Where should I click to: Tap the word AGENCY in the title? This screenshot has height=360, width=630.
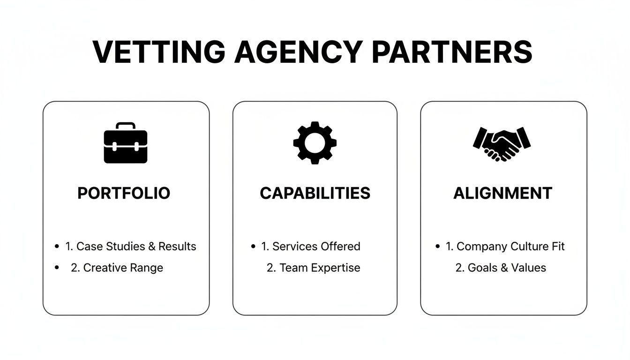[x=298, y=52]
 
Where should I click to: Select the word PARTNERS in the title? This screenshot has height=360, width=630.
[x=452, y=52]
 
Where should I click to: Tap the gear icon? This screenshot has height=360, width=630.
[x=315, y=142]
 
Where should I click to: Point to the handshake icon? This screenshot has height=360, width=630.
[x=502, y=143]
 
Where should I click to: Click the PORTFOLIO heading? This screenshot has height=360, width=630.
[x=124, y=193]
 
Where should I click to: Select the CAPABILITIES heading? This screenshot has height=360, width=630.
[x=315, y=193]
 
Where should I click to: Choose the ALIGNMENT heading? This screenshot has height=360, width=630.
[x=503, y=193]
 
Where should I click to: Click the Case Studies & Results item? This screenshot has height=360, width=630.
[x=131, y=247]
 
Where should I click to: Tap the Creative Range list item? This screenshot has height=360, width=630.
[x=117, y=268]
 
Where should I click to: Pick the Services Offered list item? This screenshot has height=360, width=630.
[x=311, y=247]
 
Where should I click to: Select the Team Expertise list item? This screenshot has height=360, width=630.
[x=314, y=268]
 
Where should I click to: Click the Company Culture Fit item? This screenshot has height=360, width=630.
[x=505, y=247]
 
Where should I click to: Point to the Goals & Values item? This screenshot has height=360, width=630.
[x=501, y=268]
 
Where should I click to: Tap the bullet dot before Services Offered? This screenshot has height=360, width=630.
[x=254, y=247]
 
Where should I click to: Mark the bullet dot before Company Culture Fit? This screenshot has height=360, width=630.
[x=438, y=247]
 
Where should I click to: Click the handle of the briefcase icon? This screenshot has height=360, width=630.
[x=126, y=126]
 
